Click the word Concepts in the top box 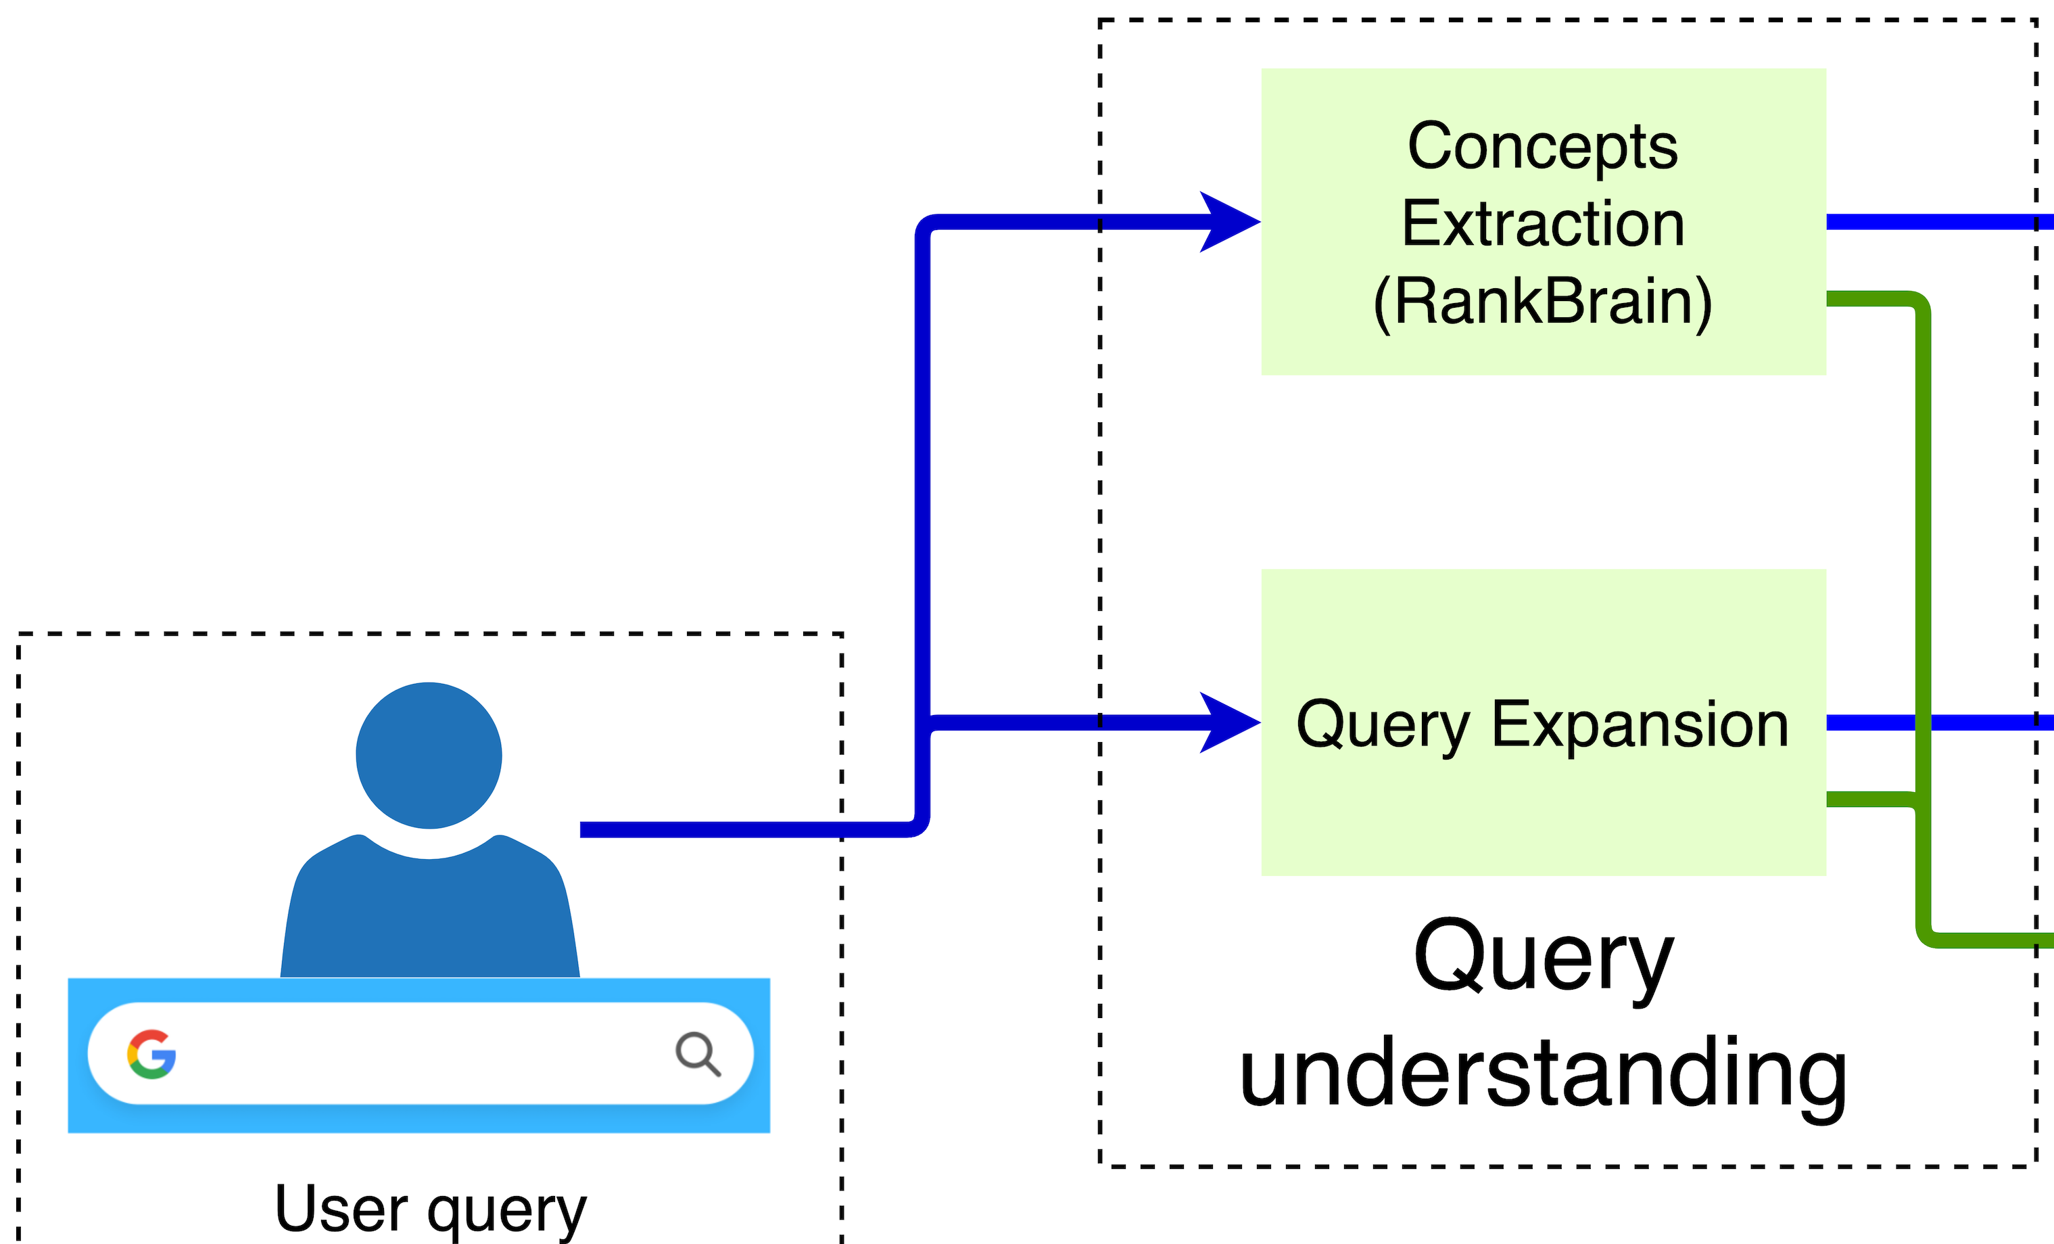coord(1542,146)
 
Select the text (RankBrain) coord(1542,302)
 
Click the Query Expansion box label coord(1542,724)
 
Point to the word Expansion coord(1640,724)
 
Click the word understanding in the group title coord(1542,1074)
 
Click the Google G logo coord(151,1054)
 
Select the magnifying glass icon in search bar coord(697,1054)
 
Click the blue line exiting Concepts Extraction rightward coord(1934,222)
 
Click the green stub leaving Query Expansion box coord(1867,800)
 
